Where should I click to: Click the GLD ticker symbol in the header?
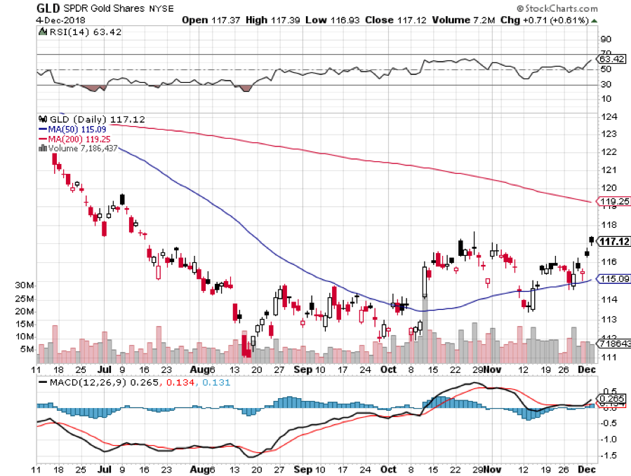click(48, 9)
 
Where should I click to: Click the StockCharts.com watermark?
click(561, 10)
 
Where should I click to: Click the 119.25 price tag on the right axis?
click(613, 202)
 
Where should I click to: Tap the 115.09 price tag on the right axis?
click(613, 279)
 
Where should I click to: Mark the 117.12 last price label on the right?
click(613, 242)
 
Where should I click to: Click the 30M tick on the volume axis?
click(25, 285)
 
